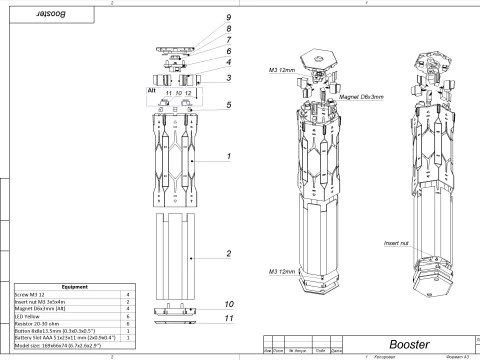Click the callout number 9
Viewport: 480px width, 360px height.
[229, 18]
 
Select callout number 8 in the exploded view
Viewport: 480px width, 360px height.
[229, 29]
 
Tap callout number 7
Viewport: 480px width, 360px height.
[229, 39]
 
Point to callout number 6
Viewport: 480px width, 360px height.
[229, 51]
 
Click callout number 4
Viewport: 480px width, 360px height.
[229, 62]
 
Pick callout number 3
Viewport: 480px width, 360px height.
[229, 78]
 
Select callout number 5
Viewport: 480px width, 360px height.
[229, 104]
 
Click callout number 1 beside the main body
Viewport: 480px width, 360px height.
[229, 157]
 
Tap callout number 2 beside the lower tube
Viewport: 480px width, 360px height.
[229, 254]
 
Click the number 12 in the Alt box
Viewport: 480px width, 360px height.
[188, 93]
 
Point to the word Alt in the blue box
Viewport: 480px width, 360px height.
[152, 89]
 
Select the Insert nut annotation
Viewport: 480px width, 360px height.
[397, 242]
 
